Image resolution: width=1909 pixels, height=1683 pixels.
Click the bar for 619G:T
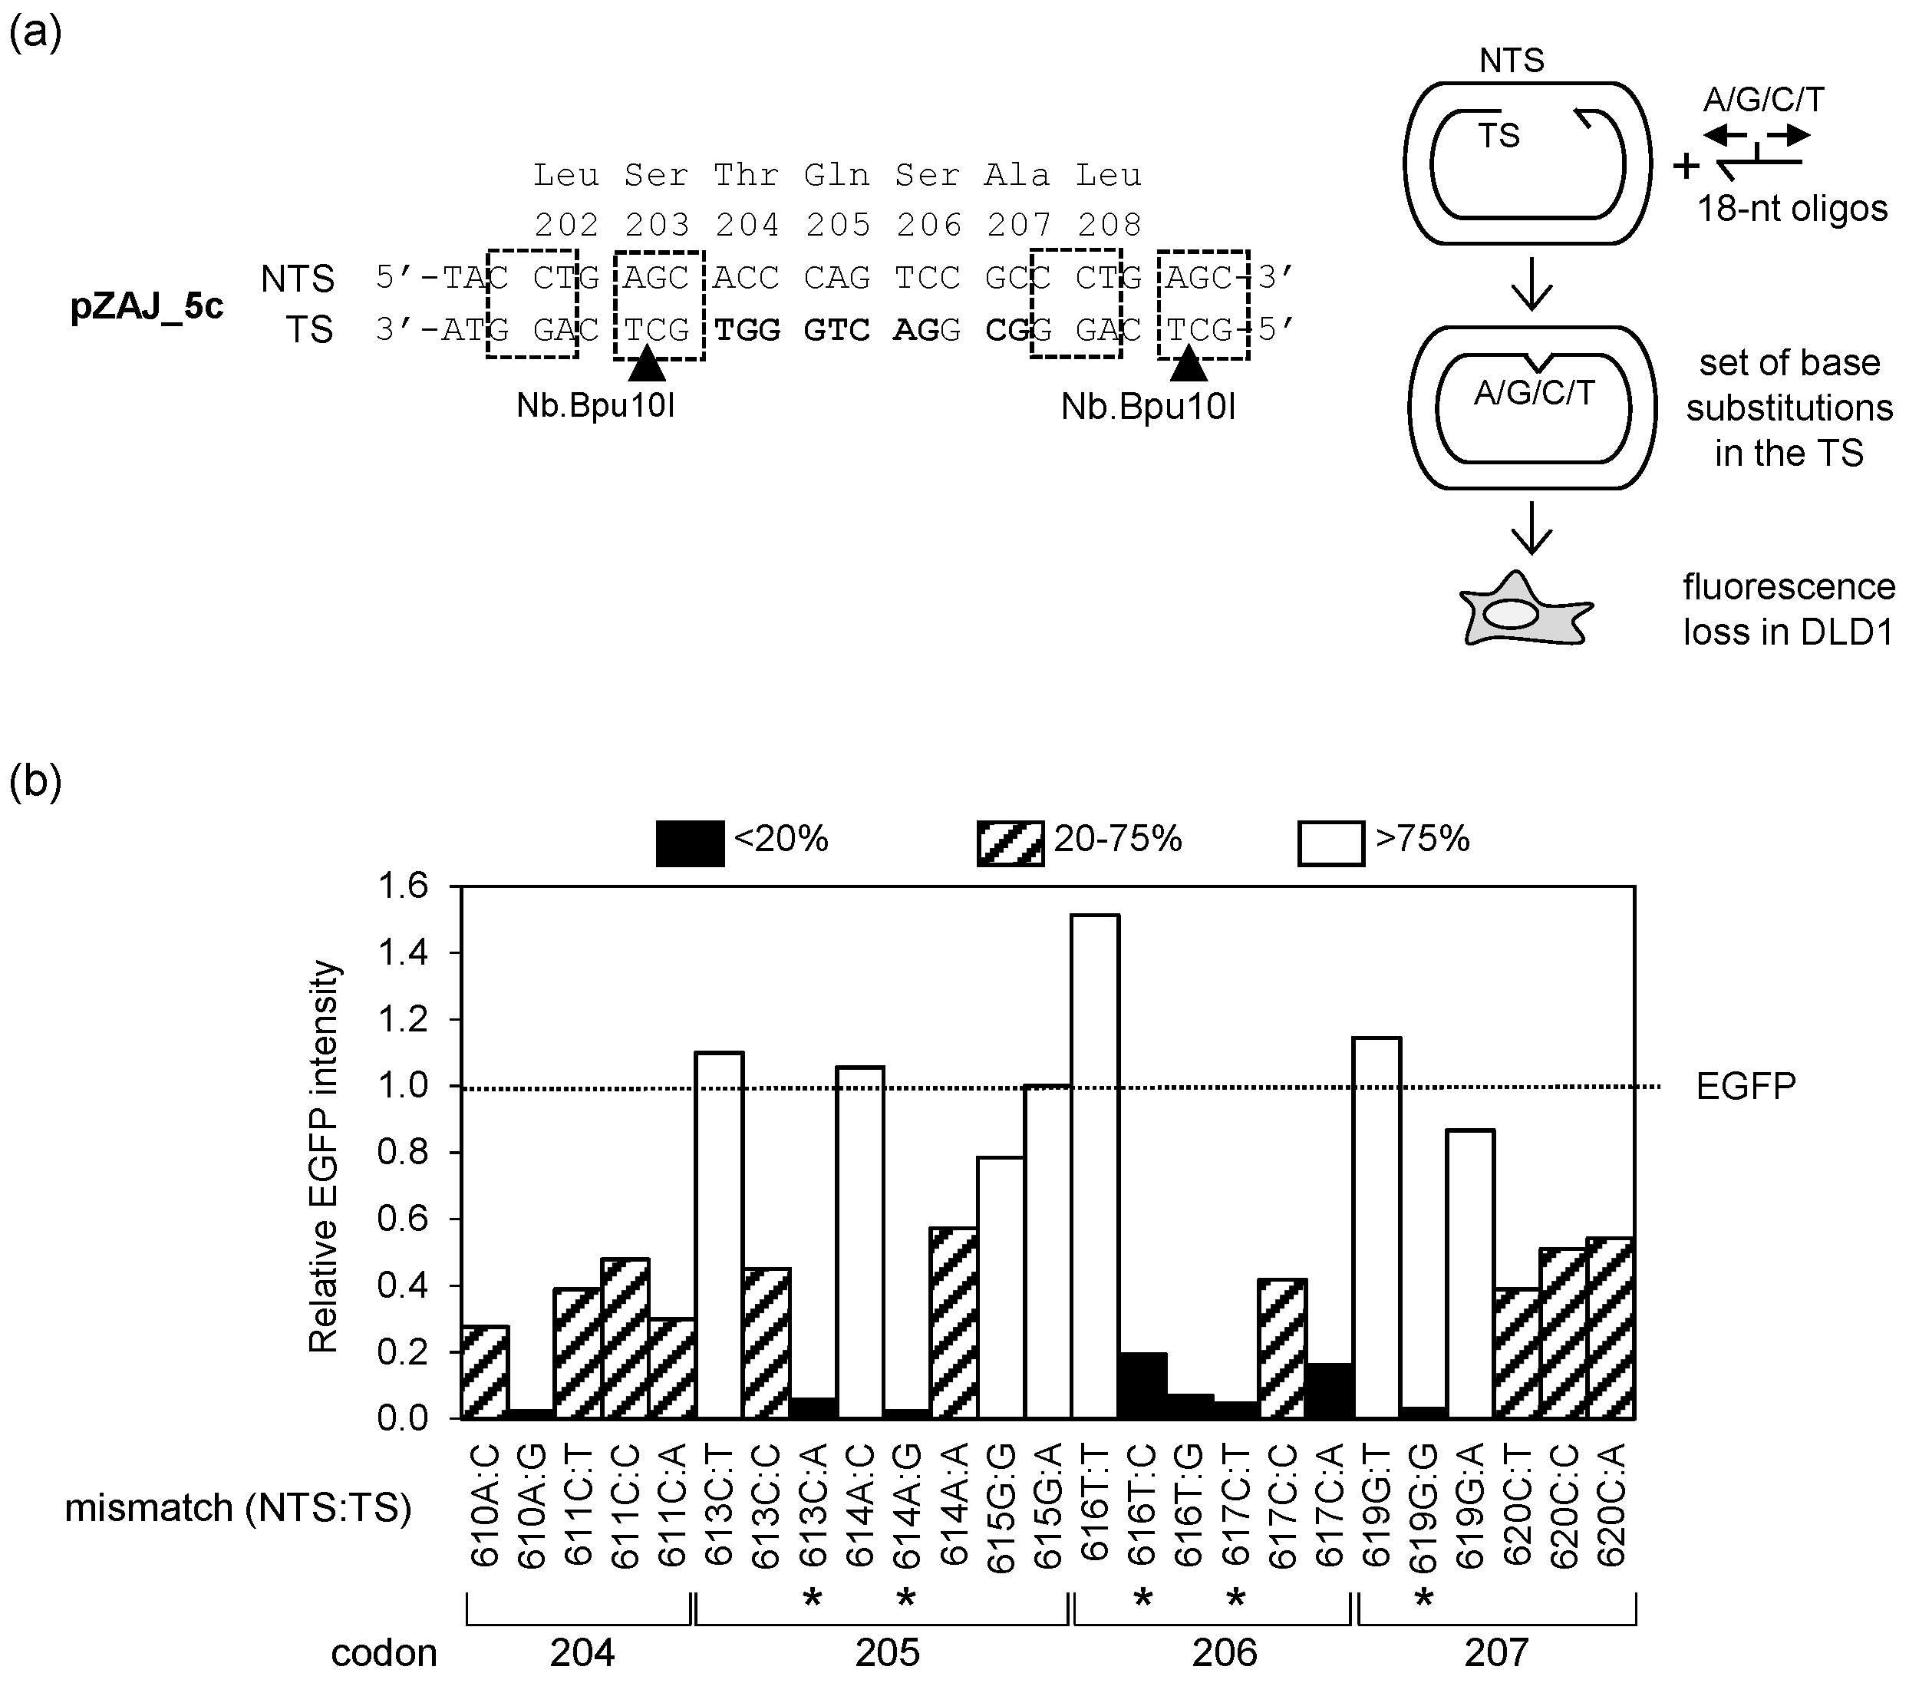pyautogui.click(x=1377, y=1227)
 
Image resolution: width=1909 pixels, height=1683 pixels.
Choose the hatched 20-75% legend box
pyautogui.click(x=1010, y=843)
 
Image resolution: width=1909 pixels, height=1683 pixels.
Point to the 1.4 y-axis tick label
pyautogui.click(x=403, y=952)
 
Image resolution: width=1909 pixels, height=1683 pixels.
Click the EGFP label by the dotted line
pyautogui.click(x=1745, y=1086)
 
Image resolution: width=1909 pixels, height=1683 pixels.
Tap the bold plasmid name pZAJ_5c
pyautogui.click(x=147, y=306)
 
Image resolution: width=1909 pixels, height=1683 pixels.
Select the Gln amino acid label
pyautogui.click(x=837, y=175)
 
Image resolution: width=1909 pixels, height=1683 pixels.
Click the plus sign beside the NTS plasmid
pyautogui.click(x=1685, y=165)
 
